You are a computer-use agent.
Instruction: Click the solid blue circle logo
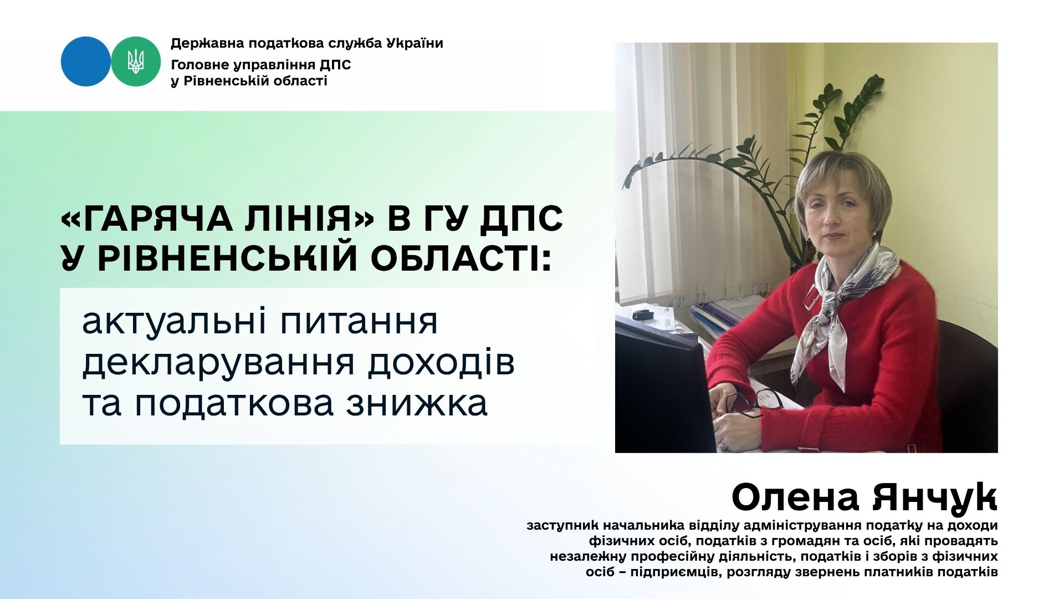[x=86, y=62]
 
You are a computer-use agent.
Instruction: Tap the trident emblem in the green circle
[x=136, y=62]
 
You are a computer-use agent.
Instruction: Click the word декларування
[x=214, y=363]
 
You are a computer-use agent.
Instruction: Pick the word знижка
[x=417, y=403]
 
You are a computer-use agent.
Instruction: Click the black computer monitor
[x=665, y=388]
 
